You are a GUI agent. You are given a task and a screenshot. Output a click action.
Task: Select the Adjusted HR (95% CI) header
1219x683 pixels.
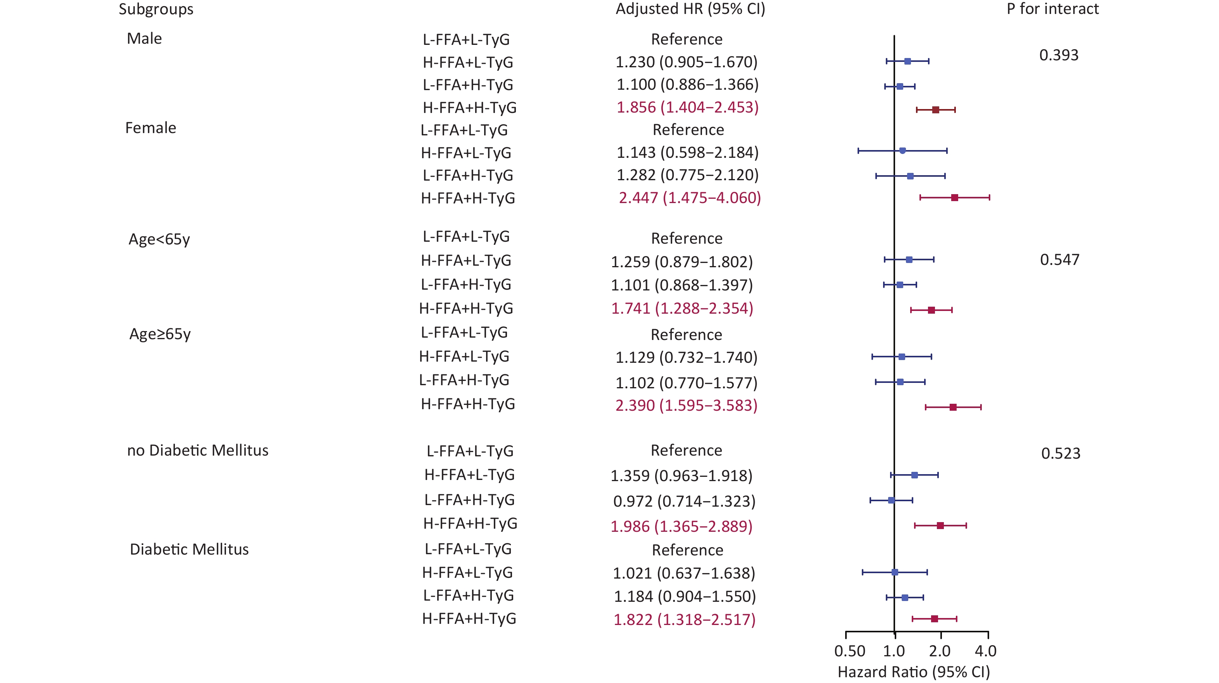pos(690,9)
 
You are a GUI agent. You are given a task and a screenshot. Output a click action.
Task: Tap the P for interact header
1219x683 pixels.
pos(1053,9)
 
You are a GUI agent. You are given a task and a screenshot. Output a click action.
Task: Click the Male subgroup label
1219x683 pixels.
pos(144,38)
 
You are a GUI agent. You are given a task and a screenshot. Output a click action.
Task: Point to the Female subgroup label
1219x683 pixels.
pos(151,128)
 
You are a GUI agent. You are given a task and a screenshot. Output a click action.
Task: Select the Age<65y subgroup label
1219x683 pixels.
pos(159,239)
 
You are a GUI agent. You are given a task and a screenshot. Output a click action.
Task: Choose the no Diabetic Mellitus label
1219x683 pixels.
pos(197,450)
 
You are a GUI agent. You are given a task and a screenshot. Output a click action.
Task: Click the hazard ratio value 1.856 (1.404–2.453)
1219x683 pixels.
pos(687,108)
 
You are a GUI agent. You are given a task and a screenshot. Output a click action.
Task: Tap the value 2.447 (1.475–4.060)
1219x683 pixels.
pos(690,198)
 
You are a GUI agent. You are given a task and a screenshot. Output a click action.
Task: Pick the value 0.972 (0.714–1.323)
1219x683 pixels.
pos(684,501)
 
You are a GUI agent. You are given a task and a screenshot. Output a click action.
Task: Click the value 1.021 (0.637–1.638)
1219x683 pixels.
pos(684,573)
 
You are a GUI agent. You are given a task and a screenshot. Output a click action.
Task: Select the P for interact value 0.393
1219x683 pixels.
pos(1058,55)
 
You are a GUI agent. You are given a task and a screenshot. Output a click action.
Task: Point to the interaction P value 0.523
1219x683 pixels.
pos(1060,454)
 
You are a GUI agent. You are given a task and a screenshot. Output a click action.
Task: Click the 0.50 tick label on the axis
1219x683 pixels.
pos(849,651)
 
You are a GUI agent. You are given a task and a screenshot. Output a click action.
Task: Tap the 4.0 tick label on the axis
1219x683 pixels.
pos(986,651)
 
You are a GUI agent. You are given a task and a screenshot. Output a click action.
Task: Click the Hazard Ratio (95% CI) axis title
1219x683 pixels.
pos(913,672)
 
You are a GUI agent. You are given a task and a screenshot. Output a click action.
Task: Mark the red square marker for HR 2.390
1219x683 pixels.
pos(953,407)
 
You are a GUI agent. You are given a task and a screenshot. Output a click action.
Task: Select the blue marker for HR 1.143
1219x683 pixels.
pos(902,151)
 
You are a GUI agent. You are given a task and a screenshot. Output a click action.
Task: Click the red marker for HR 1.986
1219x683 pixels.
pos(940,526)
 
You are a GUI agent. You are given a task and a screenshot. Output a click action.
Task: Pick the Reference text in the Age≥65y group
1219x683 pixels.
pos(686,335)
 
